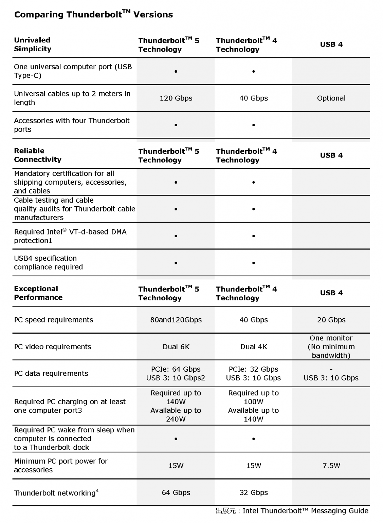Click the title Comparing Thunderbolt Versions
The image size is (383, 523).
93,14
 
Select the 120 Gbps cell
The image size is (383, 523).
176,98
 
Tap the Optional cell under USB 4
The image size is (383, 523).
331,98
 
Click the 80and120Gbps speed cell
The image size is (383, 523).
176,320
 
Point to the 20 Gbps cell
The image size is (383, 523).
331,320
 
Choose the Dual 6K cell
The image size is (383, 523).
176,347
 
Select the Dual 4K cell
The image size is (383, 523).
254,347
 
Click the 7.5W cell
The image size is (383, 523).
331,465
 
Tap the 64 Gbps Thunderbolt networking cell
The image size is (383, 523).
176,492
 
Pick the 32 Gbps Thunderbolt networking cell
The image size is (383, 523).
254,492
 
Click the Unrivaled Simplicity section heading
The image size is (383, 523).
33,44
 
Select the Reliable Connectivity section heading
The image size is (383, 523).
38,155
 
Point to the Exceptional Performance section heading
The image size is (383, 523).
38,293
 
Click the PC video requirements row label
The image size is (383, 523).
53,347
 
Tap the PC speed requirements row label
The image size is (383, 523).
53,320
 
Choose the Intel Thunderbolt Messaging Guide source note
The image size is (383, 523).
292,511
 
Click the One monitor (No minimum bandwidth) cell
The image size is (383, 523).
331,347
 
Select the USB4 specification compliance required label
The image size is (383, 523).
48,262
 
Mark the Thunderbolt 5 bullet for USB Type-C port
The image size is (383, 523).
176,72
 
